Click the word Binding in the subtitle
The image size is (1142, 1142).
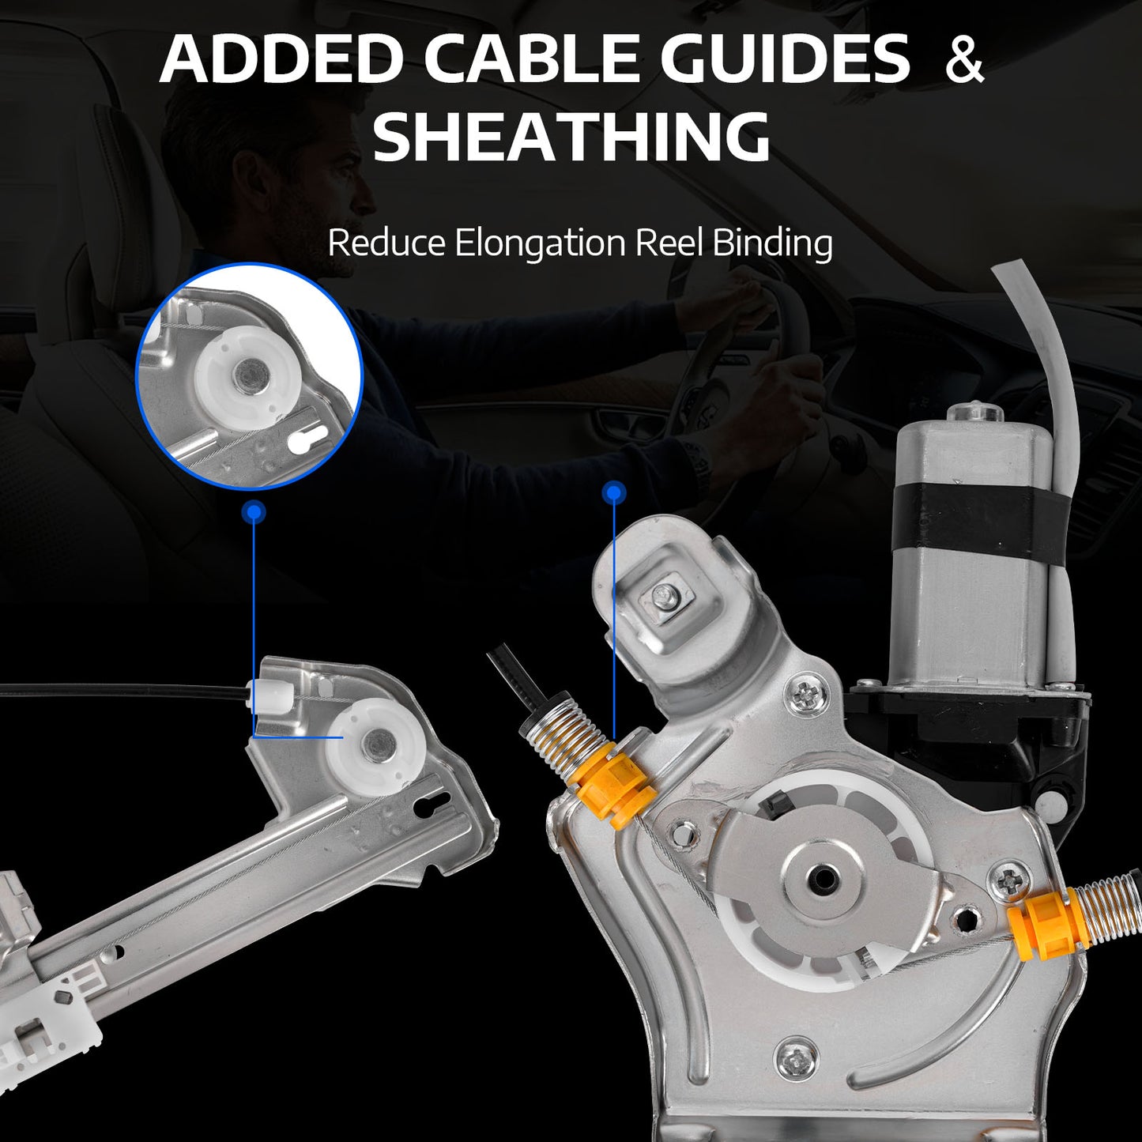point(772,243)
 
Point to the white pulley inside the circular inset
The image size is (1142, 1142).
point(242,373)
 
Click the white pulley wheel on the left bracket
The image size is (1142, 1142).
point(373,746)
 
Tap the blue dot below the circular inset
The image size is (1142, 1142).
point(254,511)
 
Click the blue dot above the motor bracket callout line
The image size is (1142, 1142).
point(613,492)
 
